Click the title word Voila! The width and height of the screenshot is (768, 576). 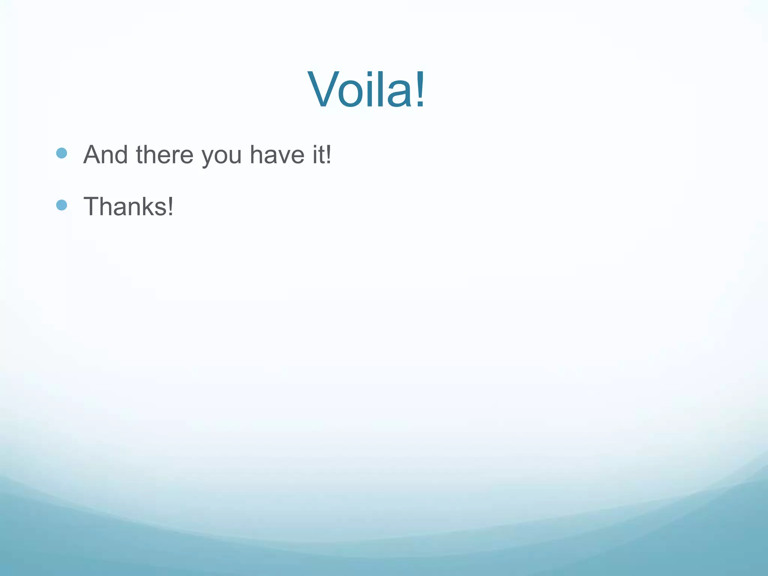point(366,90)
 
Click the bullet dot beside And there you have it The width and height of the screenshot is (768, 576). point(61,153)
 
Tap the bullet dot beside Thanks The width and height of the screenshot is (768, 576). point(61,205)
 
